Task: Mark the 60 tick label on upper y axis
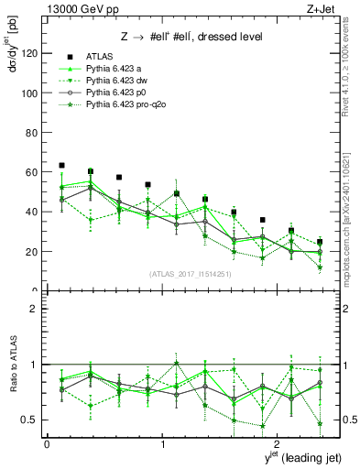pos(31,172)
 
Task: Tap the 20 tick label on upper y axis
pos(31,251)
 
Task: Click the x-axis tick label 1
pos(163,443)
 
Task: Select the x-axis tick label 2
pos(278,443)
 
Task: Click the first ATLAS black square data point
pos(61,166)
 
